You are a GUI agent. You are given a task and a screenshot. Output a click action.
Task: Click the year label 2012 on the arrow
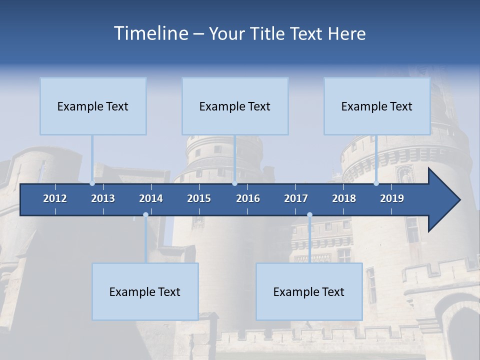(55, 198)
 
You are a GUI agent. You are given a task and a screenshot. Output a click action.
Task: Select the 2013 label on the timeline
(103, 198)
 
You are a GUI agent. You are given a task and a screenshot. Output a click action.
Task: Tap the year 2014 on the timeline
(151, 198)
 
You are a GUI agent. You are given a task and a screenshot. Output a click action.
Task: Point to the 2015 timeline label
(199, 198)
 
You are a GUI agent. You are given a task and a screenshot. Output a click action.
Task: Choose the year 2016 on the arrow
(248, 198)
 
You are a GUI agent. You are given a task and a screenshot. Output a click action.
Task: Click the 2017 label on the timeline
(296, 198)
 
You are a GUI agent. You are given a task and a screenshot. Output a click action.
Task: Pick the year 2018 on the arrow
(344, 198)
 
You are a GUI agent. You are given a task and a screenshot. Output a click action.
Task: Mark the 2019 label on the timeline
(392, 198)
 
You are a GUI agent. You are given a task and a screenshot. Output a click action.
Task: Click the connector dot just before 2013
(92, 183)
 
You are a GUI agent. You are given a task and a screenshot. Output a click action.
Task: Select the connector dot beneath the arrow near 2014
(145, 214)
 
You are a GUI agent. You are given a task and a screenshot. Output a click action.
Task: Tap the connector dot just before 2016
(235, 183)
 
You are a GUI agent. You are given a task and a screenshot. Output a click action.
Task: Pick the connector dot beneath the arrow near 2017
(309, 214)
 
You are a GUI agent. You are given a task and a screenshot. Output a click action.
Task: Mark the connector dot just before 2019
(376, 183)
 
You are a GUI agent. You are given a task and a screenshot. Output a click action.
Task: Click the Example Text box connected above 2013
(93, 106)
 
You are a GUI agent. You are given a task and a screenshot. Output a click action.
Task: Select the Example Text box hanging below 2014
(145, 291)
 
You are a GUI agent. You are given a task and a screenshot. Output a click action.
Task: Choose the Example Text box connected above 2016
(235, 106)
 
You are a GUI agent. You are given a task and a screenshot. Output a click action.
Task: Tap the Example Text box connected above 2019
(377, 106)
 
